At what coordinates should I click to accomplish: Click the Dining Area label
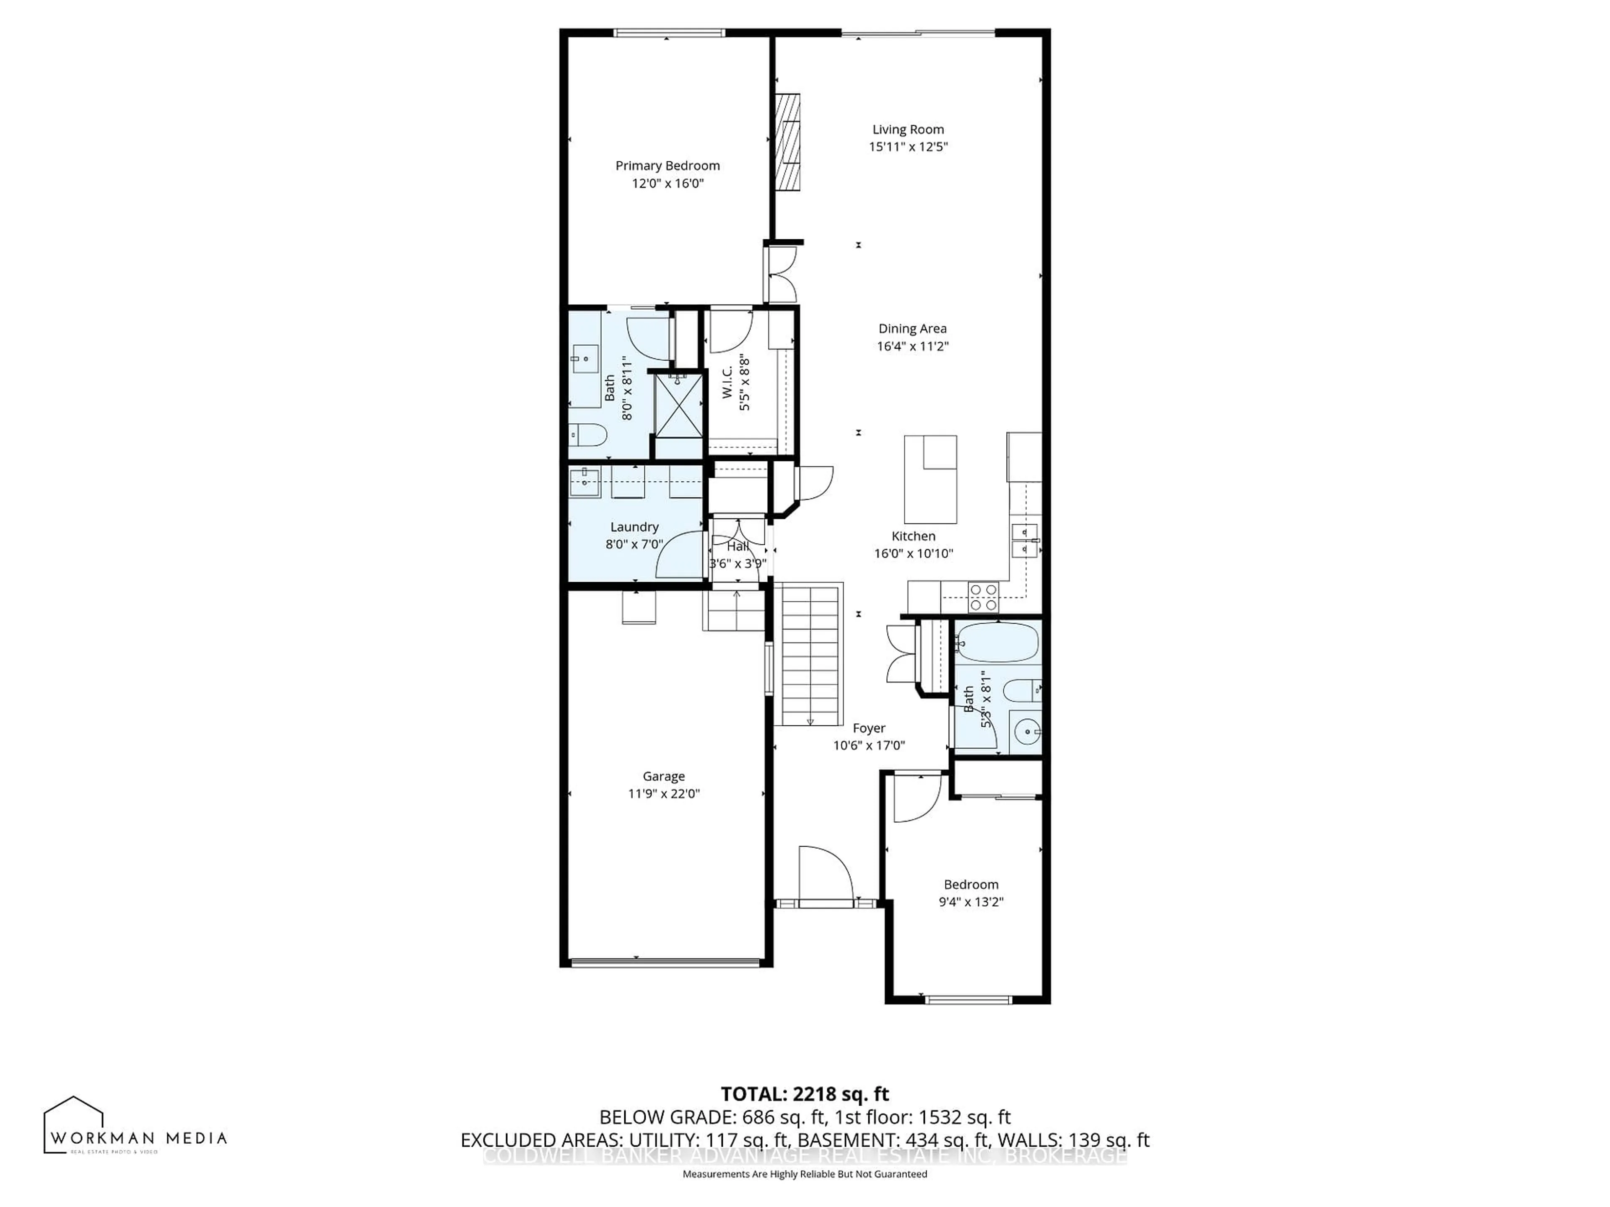point(912,329)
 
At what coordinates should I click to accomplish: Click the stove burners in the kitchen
point(983,597)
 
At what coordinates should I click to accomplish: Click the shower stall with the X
point(678,405)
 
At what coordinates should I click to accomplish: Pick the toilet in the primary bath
point(588,435)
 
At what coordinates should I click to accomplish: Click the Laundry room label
point(634,527)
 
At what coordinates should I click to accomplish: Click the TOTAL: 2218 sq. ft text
point(804,1094)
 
